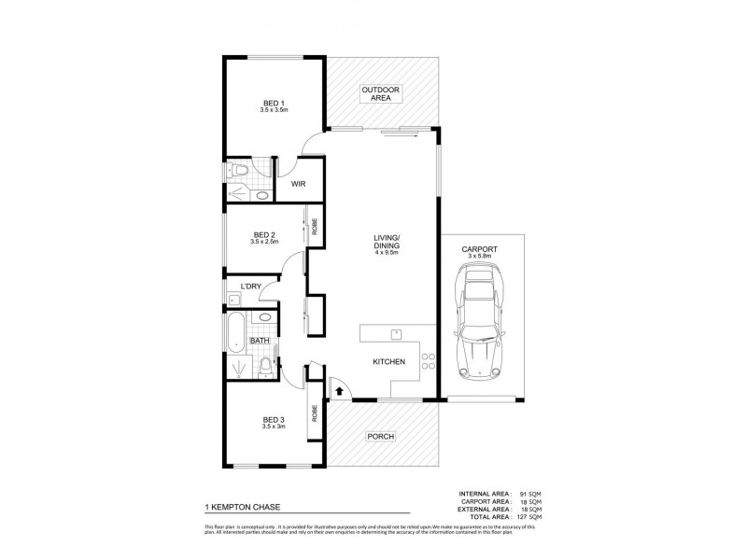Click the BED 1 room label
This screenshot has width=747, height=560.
[273, 102]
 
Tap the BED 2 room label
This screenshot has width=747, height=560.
[264, 234]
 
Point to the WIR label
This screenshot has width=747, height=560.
[299, 184]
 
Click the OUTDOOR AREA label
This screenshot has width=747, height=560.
[381, 92]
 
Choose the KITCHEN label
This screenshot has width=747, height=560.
[388, 361]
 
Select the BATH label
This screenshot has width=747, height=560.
[259, 341]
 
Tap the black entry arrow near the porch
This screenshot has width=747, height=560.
[339, 391]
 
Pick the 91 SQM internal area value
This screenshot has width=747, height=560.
[529, 493]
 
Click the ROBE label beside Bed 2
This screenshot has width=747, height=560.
[315, 225]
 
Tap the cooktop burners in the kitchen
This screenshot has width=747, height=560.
[427, 360]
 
